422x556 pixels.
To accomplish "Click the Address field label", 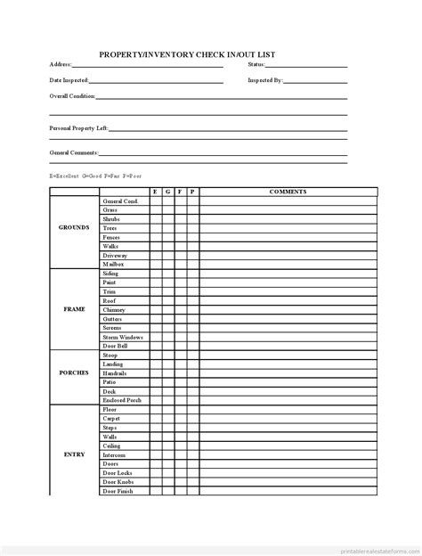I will [x=60, y=65].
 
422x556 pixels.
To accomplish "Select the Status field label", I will [x=256, y=65].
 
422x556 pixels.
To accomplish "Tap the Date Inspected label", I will [x=69, y=80].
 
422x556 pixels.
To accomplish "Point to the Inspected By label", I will [x=265, y=80].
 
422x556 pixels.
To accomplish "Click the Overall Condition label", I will [x=71, y=96].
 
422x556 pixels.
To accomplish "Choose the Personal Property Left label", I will [x=78, y=128].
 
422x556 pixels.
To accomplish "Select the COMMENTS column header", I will [x=288, y=192].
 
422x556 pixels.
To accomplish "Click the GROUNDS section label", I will [x=74, y=228].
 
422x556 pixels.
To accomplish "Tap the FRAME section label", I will [x=74, y=309].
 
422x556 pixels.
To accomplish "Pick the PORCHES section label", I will [x=74, y=372].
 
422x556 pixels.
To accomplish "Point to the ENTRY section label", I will [x=74, y=454].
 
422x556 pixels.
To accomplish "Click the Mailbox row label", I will [x=113, y=265].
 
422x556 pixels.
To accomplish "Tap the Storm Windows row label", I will [x=122, y=337].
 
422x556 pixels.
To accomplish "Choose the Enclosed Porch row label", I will [x=121, y=400].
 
